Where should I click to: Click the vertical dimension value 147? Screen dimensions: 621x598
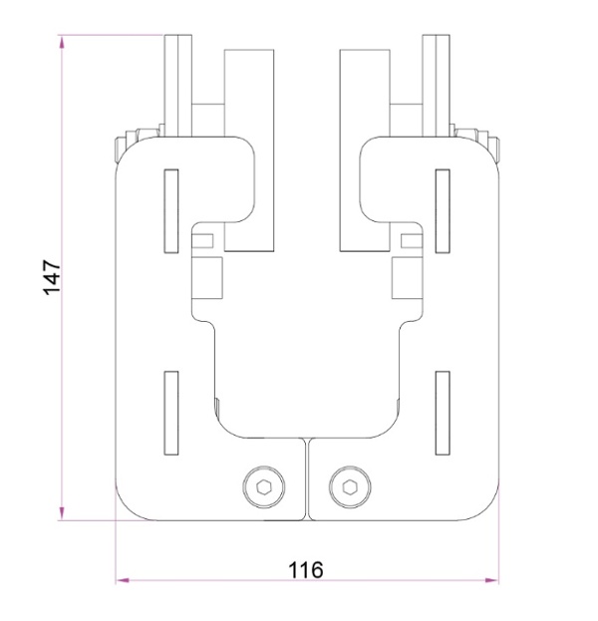(x=53, y=277)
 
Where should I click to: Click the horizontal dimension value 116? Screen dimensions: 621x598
(x=305, y=569)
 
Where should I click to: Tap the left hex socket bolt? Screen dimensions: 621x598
(x=262, y=487)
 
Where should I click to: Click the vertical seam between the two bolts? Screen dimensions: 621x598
(x=306, y=478)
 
